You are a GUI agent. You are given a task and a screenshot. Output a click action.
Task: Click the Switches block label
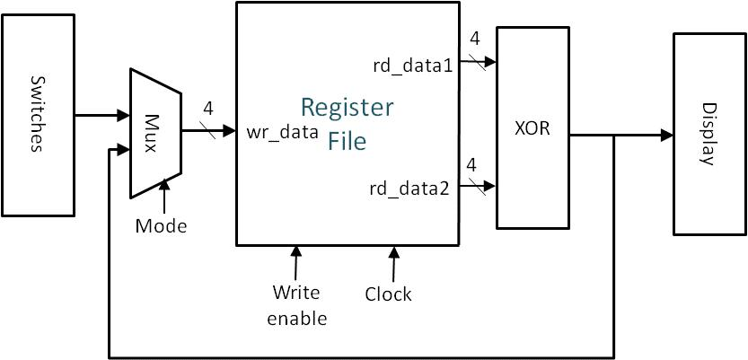tap(37, 115)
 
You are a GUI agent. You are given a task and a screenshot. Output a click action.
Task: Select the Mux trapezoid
tap(155, 132)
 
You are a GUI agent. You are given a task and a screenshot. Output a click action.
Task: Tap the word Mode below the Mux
tap(161, 225)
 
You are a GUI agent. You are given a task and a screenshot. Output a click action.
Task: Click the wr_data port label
tap(283, 132)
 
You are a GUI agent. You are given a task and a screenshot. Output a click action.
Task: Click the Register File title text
tap(347, 124)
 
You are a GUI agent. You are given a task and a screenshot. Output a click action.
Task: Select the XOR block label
tap(532, 128)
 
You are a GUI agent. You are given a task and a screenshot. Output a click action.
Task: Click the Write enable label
tap(297, 304)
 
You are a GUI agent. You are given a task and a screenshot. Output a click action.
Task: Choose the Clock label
tap(389, 294)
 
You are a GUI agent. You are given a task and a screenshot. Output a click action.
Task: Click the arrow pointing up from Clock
tap(392, 262)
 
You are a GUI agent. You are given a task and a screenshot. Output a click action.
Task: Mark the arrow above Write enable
tap(295, 262)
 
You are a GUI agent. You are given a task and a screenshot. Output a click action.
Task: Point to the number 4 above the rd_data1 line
tap(474, 40)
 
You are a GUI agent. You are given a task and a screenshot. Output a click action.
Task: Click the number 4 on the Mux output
tap(207, 109)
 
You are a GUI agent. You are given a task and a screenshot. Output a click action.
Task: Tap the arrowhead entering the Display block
tap(666, 136)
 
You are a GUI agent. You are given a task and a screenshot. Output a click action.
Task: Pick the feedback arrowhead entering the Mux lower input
tap(123, 149)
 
